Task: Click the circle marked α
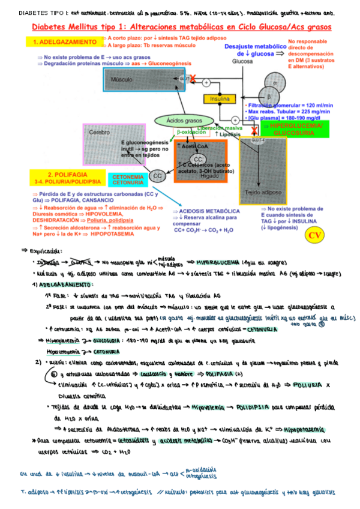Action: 276,83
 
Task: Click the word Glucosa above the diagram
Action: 242,61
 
